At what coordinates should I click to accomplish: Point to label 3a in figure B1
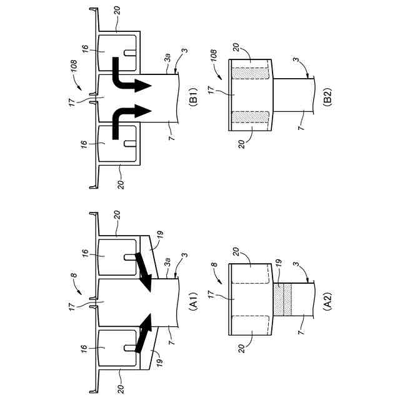click(x=167, y=61)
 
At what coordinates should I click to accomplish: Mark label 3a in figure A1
click(x=167, y=266)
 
